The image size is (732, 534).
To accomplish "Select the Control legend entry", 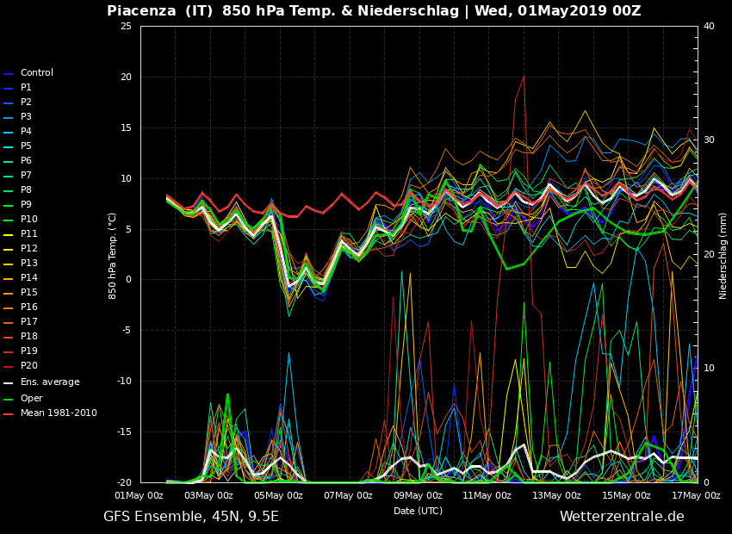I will click(37, 73).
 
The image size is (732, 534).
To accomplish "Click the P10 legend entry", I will click(28, 220).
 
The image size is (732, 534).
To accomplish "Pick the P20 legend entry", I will click(28, 366).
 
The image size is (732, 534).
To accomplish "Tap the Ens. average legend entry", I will click(50, 382).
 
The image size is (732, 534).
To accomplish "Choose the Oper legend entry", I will click(31, 399).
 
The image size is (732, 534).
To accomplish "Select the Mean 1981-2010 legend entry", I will click(59, 413).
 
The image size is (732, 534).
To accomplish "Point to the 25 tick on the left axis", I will click(126, 27).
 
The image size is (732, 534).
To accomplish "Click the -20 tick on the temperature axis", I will click(123, 482).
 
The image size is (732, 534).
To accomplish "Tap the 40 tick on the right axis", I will click(709, 27).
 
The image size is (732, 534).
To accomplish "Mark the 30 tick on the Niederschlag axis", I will click(709, 140).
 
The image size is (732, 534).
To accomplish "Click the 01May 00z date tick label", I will click(140, 495).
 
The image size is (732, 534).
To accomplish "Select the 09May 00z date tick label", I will click(418, 495).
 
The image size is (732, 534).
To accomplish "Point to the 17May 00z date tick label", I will click(696, 495).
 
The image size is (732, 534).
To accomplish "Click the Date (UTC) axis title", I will click(418, 511).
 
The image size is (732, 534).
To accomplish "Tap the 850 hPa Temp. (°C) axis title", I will click(113, 255).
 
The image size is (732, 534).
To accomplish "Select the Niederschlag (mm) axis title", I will click(723, 255).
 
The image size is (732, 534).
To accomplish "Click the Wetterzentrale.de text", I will click(622, 517).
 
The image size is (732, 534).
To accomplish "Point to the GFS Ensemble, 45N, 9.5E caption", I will click(191, 517).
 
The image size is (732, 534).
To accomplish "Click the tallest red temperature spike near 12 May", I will click(523, 77).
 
